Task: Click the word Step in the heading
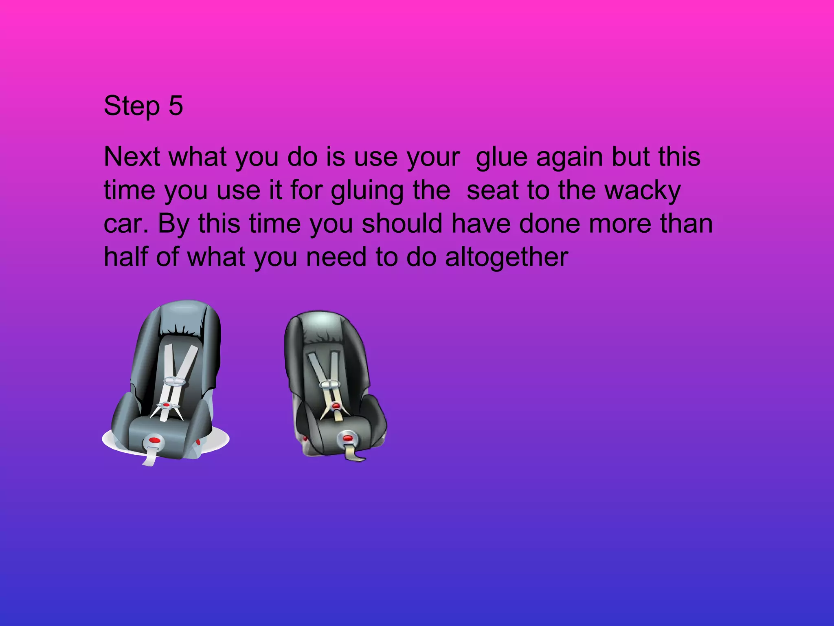[x=132, y=106]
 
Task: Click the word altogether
[x=506, y=258]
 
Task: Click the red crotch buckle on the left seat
[x=154, y=441]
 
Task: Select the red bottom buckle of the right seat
[x=347, y=438]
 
